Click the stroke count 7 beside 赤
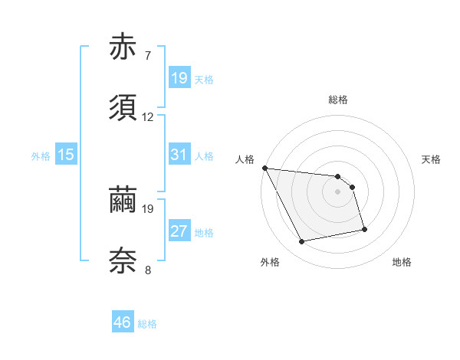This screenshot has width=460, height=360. click(147, 56)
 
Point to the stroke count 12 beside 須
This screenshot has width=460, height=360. click(148, 117)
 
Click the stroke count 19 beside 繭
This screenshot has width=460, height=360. click(148, 208)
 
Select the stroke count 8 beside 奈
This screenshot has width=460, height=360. click(147, 270)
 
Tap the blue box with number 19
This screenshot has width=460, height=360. click(179, 78)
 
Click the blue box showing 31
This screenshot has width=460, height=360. click(179, 155)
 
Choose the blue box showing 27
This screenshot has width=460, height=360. click(179, 231)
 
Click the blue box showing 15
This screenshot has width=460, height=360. click(66, 155)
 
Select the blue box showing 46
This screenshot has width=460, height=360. click(122, 322)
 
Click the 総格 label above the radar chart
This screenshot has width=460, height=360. click(337, 100)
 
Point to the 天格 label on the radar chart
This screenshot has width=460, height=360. click(431, 159)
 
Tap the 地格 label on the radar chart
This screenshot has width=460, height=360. click(402, 262)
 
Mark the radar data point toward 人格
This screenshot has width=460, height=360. click(264, 168)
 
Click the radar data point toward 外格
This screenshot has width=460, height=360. click(302, 242)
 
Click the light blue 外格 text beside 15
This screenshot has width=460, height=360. click(40, 156)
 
